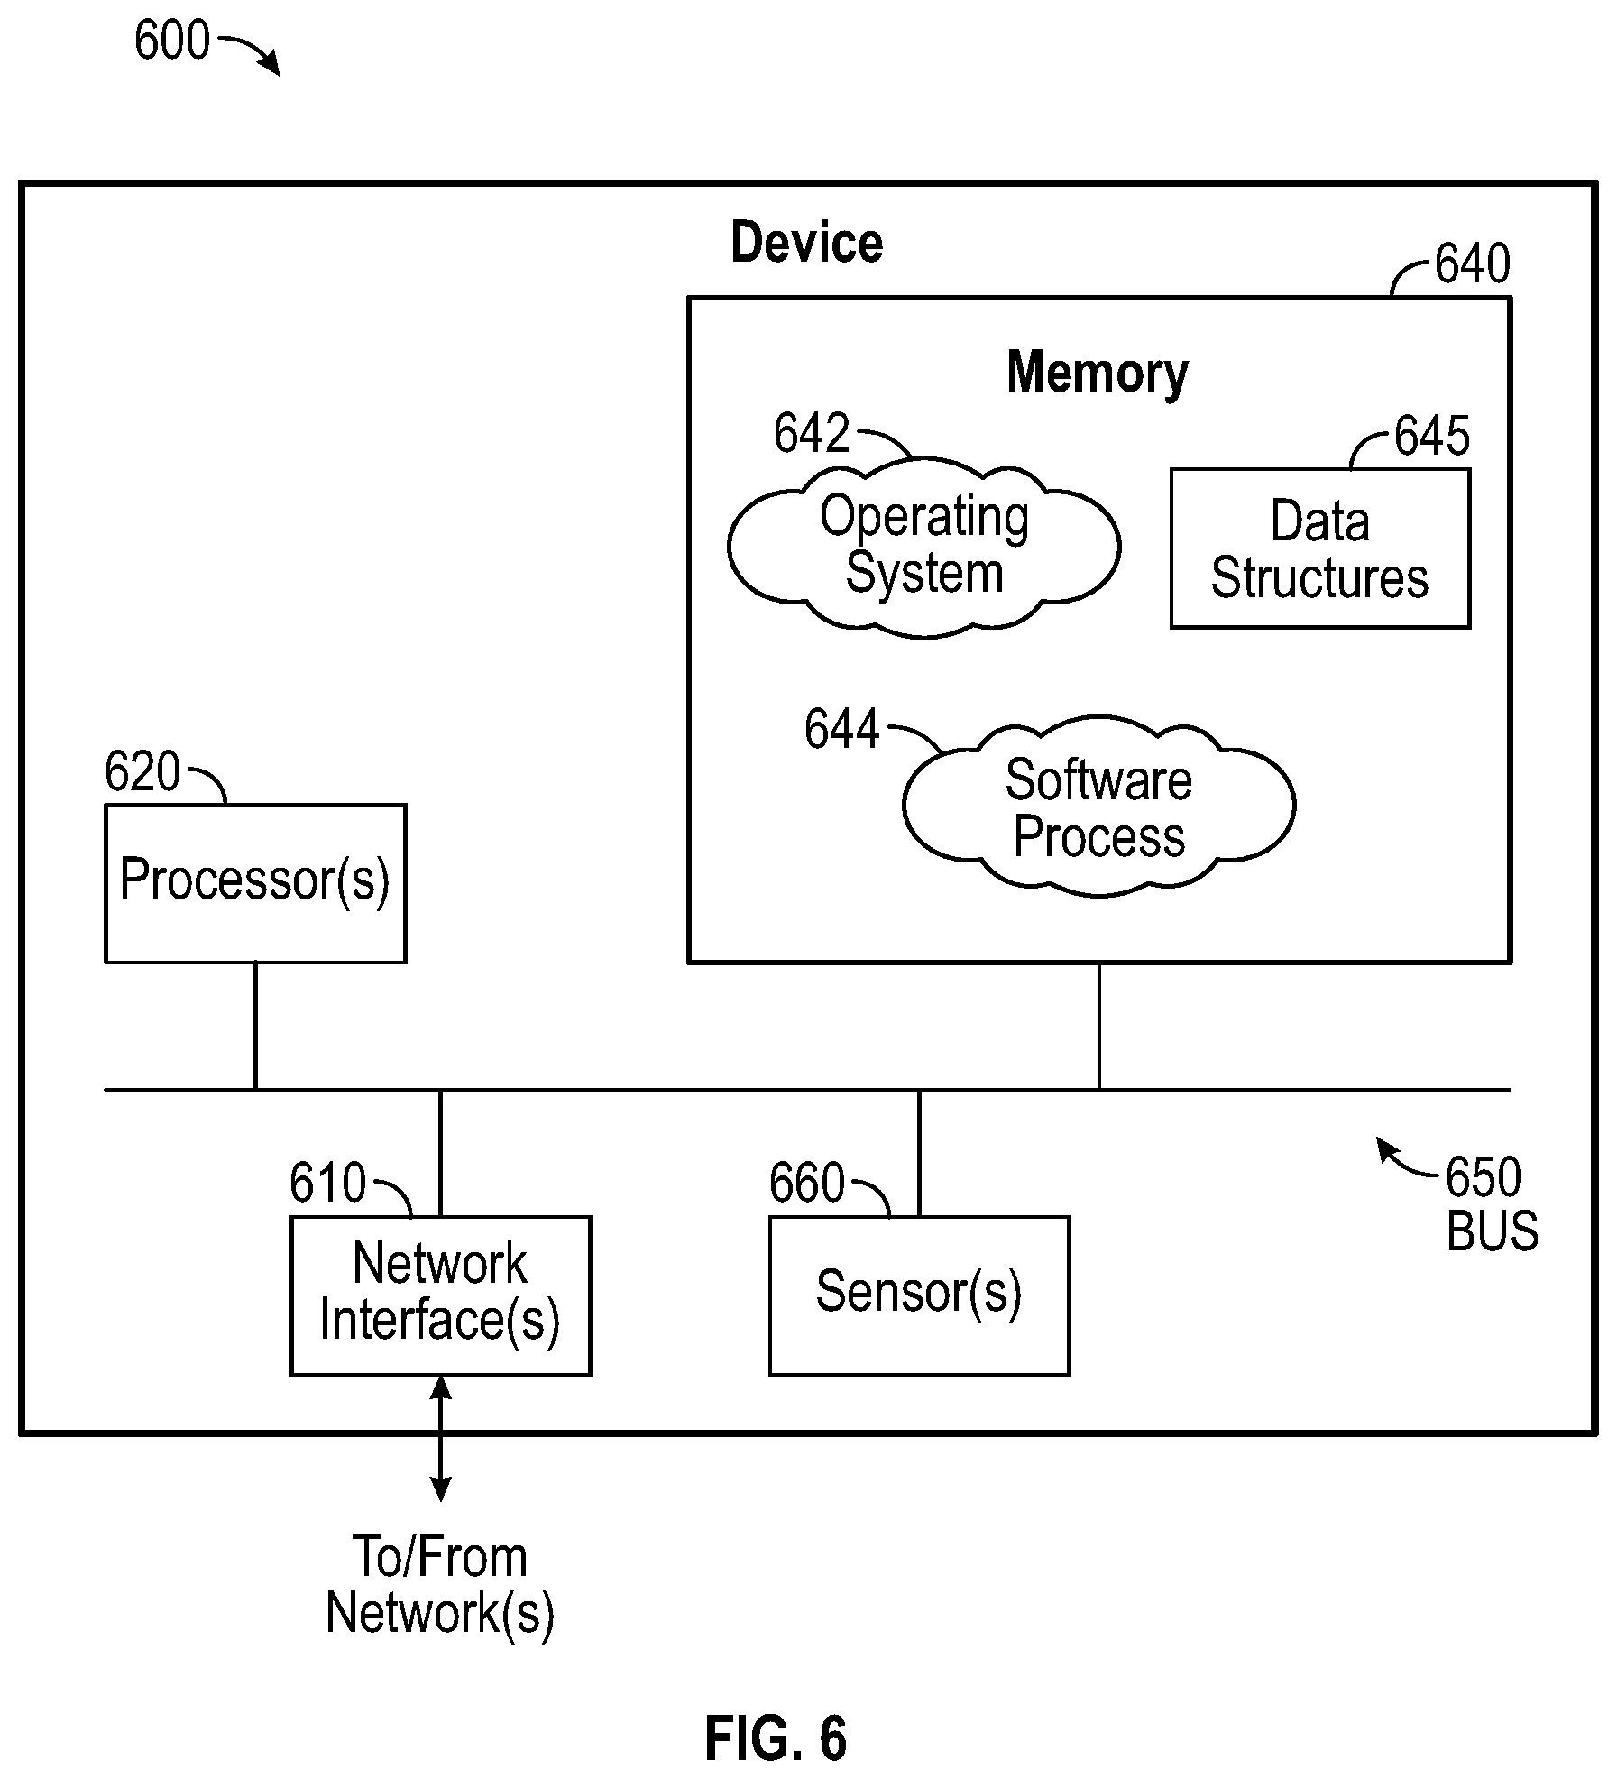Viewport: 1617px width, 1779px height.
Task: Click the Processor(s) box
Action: tap(255, 883)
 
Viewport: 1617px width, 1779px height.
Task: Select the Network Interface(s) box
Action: tap(440, 1295)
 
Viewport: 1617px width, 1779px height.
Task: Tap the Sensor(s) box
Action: tap(919, 1295)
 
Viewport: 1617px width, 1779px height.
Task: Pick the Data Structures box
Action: tap(1320, 548)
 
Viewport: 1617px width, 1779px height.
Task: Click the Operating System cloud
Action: tap(923, 547)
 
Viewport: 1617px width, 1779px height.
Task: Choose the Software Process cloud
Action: tap(1098, 806)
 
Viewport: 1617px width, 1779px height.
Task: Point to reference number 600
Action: tap(171, 41)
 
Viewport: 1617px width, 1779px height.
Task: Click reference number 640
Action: tap(1472, 263)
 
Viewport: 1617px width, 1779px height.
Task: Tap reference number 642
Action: tap(812, 433)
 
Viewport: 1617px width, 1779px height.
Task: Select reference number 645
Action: tap(1432, 436)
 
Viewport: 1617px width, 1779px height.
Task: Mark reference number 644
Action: tap(841, 729)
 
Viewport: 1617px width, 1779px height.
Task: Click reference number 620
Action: tap(142, 772)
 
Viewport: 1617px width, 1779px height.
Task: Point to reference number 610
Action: tap(327, 1183)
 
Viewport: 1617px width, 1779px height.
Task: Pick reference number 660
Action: tap(807, 1183)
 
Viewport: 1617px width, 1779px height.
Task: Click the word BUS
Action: tap(1493, 1231)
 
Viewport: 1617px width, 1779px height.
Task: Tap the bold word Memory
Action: tap(1098, 373)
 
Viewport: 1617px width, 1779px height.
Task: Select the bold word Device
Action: tap(806, 243)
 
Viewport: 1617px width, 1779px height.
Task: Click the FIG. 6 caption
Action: tap(776, 1739)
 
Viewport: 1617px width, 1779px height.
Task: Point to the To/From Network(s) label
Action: tap(440, 1585)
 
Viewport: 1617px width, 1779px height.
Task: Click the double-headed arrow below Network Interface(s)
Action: tap(440, 1439)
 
